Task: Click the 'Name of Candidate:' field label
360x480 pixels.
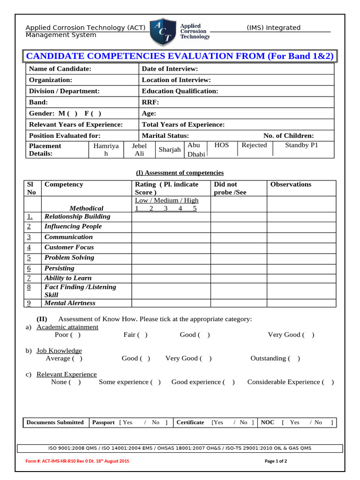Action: point(60,69)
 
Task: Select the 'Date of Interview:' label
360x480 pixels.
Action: point(170,69)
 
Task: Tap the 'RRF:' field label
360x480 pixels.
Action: point(150,102)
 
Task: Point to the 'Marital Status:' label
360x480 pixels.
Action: point(165,136)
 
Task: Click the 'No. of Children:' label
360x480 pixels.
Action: point(288,136)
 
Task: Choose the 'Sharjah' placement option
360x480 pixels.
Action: point(169,150)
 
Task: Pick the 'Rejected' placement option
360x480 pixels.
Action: point(254,145)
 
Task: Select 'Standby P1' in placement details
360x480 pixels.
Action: point(301,145)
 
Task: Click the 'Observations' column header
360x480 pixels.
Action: point(291,184)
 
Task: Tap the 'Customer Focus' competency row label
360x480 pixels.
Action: point(69,247)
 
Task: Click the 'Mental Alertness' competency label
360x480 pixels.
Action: point(70,303)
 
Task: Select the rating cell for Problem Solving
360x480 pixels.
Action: point(171,258)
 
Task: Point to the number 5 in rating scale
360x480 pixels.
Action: point(195,208)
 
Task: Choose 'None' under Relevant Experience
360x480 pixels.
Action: point(75,382)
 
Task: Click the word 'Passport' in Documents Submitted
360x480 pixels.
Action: point(103,422)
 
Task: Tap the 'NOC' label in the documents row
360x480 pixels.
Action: point(267,422)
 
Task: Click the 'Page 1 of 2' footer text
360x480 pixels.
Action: point(276,461)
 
